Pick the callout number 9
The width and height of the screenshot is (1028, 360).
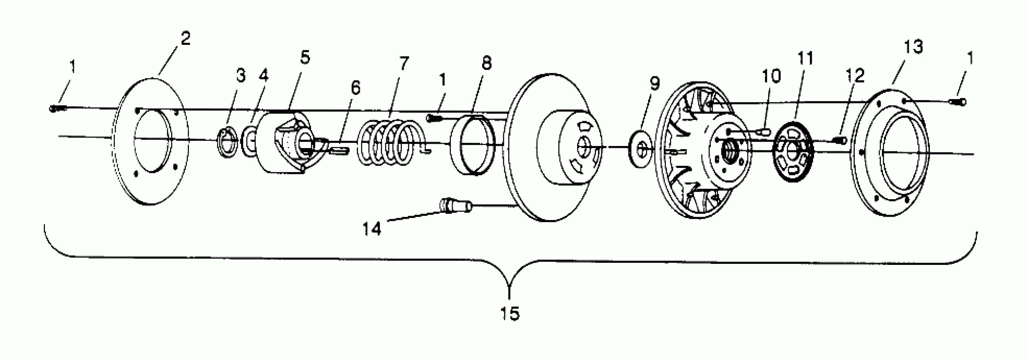pos(655,83)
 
